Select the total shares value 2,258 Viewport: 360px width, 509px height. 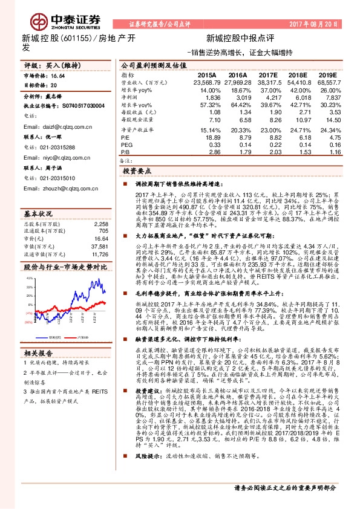(100, 207)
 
